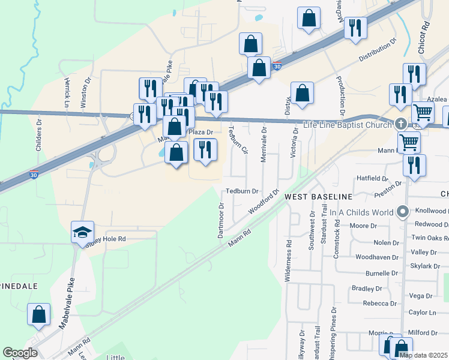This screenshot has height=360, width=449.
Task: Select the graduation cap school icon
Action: (82, 233)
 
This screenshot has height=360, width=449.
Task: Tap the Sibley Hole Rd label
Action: (106, 239)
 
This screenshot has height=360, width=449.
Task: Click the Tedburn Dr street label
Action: (242, 191)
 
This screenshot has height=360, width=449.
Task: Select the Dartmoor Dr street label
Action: (221, 220)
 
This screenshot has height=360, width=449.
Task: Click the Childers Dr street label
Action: (38, 135)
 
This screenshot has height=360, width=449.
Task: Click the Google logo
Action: (20, 353)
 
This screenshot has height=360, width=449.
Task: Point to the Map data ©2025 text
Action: (423, 355)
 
